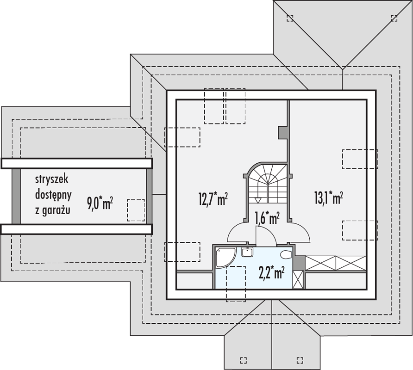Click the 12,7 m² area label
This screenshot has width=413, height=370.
coord(213,199)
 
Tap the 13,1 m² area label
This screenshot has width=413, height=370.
coord(328,197)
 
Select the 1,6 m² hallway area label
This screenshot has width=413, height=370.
coord(267,218)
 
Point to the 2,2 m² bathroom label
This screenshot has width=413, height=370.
coord(272,272)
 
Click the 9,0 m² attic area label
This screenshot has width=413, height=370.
coord(100,203)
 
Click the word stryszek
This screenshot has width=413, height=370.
coord(52,179)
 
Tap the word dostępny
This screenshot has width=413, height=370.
coord(53,195)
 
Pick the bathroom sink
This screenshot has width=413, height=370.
coord(247,252)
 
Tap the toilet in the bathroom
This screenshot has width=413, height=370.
coord(286,255)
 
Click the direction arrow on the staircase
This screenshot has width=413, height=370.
coord(258,201)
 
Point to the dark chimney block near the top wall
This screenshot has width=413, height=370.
coord(283,132)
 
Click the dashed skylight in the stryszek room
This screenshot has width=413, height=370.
coord(136,210)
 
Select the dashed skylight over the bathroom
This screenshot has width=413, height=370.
coord(236,284)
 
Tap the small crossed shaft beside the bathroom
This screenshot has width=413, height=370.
coord(298,279)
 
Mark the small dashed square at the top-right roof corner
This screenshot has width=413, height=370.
coord(394,18)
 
